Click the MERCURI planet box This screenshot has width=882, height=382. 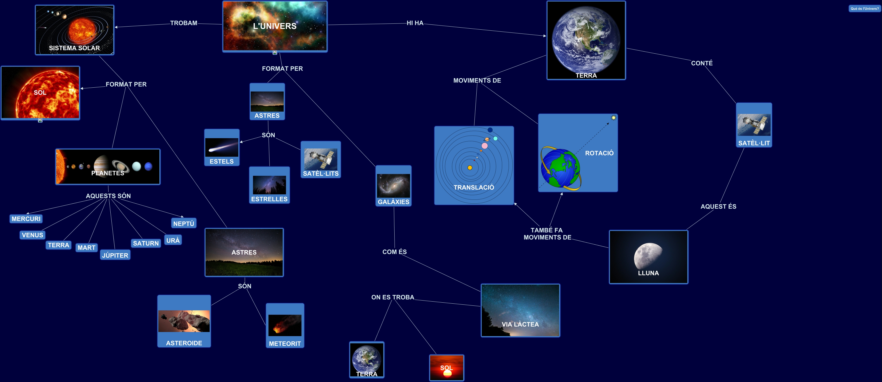pyautogui.click(x=26, y=219)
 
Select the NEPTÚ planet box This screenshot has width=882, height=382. pyautogui.click(x=184, y=223)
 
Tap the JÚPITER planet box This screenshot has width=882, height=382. pyautogui.click(x=115, y=255)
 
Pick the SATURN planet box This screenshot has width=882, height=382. pyautogui.click(x=146, y=243)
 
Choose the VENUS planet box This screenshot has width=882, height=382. pyautogui.click(x=32, y=235)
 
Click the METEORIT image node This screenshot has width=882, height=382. pyautogui.click(x=285, y=326)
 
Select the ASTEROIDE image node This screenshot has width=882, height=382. pyautogui.click(x=184, y=321)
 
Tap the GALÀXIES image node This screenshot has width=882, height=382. pyautogui.click(x=393, y=186)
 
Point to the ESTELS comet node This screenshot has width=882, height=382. pyautogui.click(x=222, y=147)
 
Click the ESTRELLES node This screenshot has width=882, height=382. pyautogui.click(x=269, y=185)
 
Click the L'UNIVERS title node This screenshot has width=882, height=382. pyautogui.click(x=275, y=26)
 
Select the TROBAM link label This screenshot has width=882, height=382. pyautogui.click(x=184, y=23)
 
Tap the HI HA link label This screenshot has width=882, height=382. pyautogui.click(x=415, y=23)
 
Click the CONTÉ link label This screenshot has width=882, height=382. pyautogui.click(x=701, y=63)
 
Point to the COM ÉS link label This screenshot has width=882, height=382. pyautogui.click(x=394, y=252)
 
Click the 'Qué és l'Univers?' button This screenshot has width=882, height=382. pyautogui.click(x=864, y=9)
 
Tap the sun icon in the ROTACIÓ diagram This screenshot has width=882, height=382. pyautogui.click(x=614, y=118)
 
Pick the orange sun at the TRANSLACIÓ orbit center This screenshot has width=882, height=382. pyautogui.click(x=470, y=168)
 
